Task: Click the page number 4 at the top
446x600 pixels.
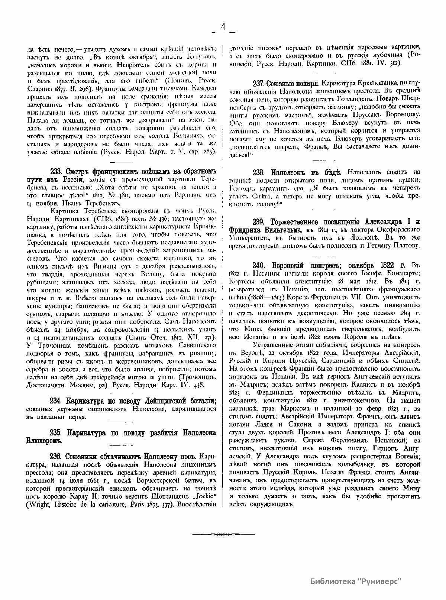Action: tap(223, 27)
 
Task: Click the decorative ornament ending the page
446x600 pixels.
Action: tap(223, 534)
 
